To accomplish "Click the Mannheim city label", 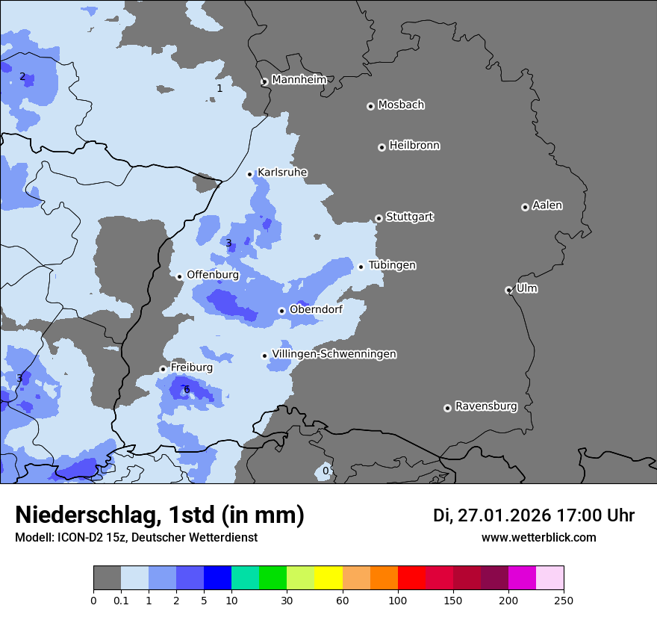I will tap(299, 80).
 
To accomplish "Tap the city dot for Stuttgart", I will tap(379, 218).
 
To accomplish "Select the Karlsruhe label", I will tap(282, 173).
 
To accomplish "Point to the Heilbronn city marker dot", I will tap(382, 147).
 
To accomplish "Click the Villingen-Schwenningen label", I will tap(334, 354).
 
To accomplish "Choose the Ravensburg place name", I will tap(486, 406).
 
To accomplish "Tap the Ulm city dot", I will tap(508, 290).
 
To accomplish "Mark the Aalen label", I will tap(547, 205).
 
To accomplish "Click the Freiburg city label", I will tap(191, 368).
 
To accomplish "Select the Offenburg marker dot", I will tap(179, 276).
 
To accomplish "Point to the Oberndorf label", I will tap(316, 309).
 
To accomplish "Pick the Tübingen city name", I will tap(392, 265).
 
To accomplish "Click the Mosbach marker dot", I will tap(370, 106).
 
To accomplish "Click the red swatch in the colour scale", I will tap(412, 578).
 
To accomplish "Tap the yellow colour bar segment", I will tap(328, 578).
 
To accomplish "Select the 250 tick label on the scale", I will tap(564, 600).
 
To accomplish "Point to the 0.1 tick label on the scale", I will tap(121, 600).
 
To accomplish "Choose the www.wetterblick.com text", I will tap(538, 538).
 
